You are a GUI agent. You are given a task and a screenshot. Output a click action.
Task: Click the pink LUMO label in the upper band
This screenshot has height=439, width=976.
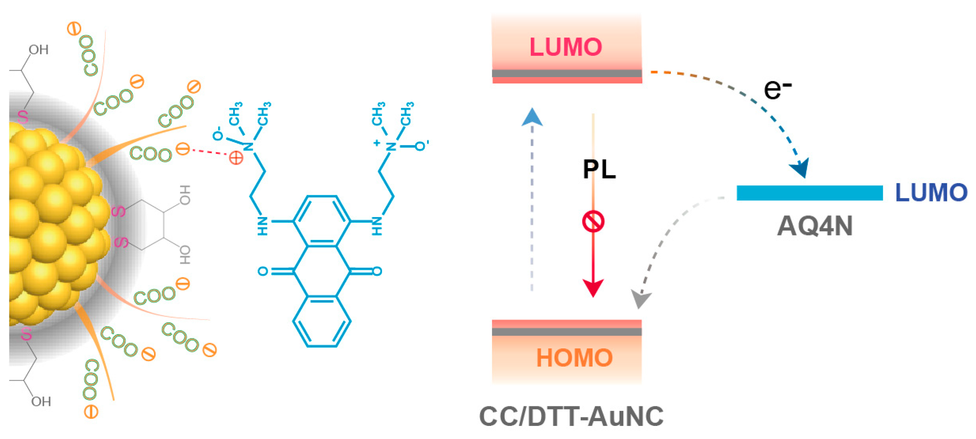(566, 47)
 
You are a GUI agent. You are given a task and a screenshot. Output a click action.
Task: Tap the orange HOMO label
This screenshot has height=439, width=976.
(574, 358)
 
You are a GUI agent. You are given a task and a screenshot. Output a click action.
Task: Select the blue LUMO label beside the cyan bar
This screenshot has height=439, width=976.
(931, 192)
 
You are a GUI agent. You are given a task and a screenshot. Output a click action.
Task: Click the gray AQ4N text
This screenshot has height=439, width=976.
(815, 226)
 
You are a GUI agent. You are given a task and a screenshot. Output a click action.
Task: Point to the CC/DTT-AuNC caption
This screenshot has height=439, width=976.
(571, 417)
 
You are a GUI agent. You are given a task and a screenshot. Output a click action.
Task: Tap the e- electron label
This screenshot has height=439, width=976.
(777, 89)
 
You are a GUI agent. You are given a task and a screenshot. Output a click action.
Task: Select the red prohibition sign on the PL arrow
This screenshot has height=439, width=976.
(593, 222)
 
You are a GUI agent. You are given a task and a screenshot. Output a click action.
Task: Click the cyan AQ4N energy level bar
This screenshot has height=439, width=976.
(809, 193)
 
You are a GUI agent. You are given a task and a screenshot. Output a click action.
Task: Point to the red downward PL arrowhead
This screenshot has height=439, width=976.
(593, 288)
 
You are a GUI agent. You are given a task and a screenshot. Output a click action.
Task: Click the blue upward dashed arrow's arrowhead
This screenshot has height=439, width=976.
(532, 118)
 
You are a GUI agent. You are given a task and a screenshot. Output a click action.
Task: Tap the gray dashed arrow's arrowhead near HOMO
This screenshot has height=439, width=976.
(640, 299)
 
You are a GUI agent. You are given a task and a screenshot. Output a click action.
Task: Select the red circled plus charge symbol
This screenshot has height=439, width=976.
(236, 158)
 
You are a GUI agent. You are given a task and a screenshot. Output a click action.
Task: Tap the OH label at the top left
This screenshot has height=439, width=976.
(39, 50)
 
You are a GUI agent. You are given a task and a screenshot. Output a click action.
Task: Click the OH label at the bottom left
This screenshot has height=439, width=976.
(41, 401)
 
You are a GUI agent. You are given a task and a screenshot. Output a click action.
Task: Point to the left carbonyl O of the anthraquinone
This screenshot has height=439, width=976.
(263, 271)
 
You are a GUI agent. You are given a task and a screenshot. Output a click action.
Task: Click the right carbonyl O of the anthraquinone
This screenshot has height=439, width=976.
(377, 271)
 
